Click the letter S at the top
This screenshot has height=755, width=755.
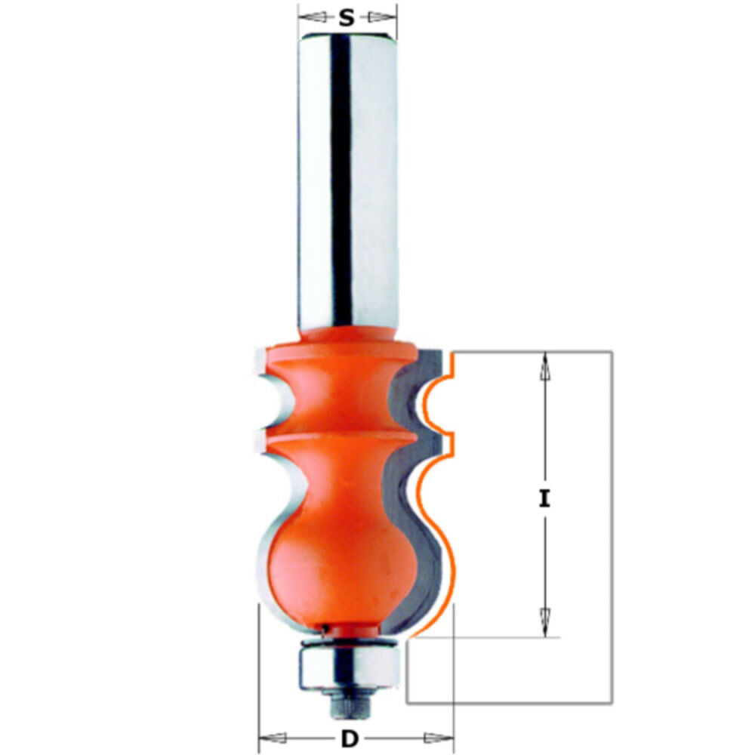[347, 17]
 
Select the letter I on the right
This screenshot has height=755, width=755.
[544, 498]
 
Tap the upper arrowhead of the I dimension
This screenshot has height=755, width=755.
[544, 366]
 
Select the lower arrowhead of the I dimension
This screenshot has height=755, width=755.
[544, 623]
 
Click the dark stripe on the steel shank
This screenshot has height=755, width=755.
[341, 181]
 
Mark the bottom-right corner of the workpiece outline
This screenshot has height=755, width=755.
[612, 704]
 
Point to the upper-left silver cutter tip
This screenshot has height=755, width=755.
[260, 362]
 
